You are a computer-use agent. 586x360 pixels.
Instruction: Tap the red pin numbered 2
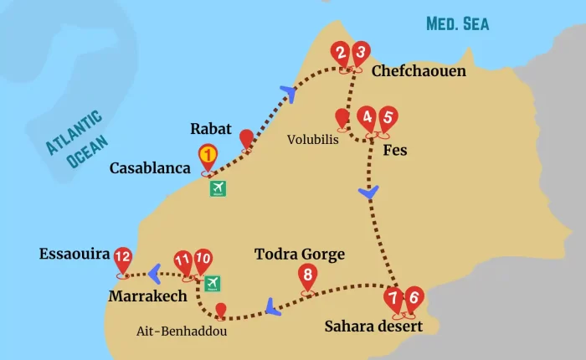click(x=340, y=54)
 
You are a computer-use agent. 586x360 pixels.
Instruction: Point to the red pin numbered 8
click(x=307, y=275)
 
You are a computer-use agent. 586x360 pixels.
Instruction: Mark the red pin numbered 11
click(x=183, y=261)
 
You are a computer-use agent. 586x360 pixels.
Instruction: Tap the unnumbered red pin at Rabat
click(x=246, y=138)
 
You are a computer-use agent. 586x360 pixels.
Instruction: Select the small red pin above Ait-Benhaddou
click(x=220, y=310)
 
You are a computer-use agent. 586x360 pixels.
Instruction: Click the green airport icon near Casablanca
click(x=218, y=188)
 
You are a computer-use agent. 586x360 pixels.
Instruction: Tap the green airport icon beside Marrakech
click(x=213, y=283)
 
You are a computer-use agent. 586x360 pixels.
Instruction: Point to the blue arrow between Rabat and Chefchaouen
click(x=290, y=92)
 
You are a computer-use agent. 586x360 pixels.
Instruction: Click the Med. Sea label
click(x=457, y=23)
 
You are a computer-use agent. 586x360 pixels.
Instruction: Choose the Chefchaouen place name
click(x=419, y=71)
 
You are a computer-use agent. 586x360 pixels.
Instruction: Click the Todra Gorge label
click(x=300, y=255)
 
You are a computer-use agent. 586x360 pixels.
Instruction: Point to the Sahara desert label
click(x=373, y=326)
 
